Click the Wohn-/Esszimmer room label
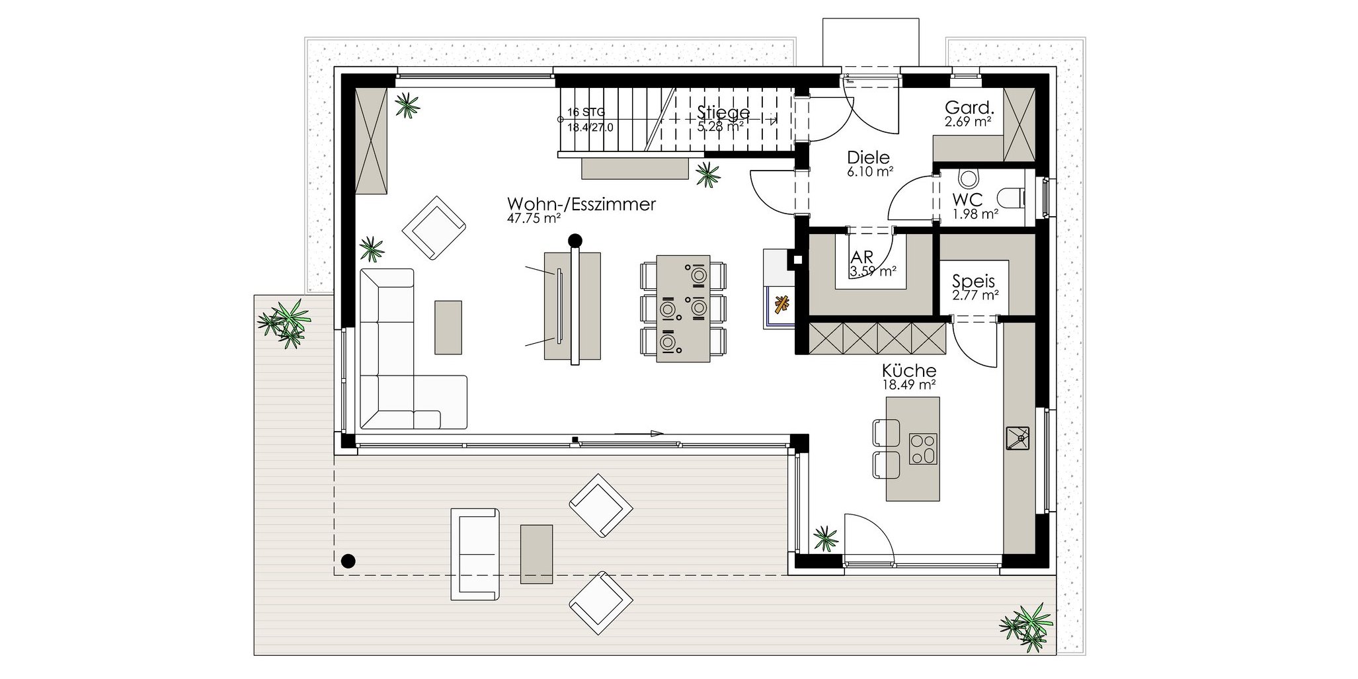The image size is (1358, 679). pos(581,204)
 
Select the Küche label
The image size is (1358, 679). pos(909,371)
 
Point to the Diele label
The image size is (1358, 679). pos(868,158)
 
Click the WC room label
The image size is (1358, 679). pos(967,200)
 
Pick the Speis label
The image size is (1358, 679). pos(974,282)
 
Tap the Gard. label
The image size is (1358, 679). pos(970,107)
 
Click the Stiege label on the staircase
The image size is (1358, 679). pos(723,112)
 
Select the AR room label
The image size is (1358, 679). pos(862,257)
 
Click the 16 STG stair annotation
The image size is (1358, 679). pos(586,112)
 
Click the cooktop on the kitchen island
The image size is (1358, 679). pos(922,449)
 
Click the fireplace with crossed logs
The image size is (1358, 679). pos(781,305)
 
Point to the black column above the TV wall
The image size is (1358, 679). pos(576,240)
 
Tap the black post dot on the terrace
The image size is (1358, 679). pos(348,561)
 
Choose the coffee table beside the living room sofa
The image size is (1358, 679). pos(448,327)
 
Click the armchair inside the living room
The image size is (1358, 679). pos(434,227)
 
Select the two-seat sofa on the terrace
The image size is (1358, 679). pos(474,554)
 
